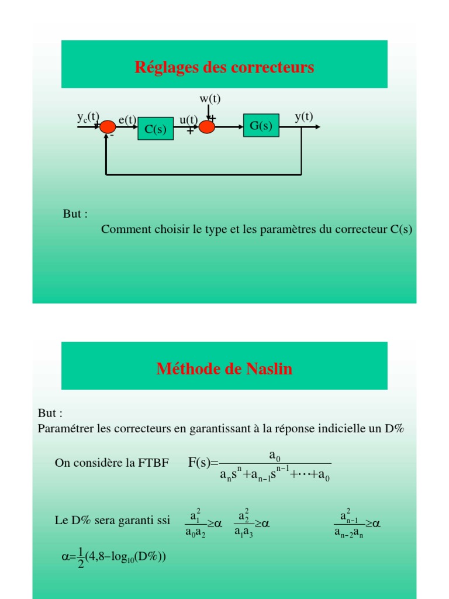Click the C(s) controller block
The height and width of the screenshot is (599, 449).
[x=156, y=129]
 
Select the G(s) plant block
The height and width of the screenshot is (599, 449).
[x=261, y=125]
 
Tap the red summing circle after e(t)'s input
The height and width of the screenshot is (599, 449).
[x=108, y=127]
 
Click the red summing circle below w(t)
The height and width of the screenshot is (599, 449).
[x=207, y=127]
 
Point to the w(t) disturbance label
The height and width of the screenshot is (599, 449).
[x=210, y=98]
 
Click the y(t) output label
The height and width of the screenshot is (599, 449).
[x=304, y=116]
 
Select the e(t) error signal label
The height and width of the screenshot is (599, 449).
[x=127, y=119]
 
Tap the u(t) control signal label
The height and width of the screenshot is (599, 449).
[x=189, y=119]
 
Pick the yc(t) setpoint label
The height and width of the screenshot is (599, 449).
[x=88, y=116]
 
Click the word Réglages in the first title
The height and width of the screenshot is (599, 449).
[x=167, y=67]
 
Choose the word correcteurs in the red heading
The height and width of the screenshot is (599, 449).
[x=272, y=67]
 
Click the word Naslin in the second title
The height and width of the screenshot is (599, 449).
[x=269, y=369]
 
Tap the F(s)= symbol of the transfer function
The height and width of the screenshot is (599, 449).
[x=203, y=463]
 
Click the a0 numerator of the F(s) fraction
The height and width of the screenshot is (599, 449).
[x=275, y=455]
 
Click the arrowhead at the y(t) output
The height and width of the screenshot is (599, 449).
[x=317, y=127]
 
